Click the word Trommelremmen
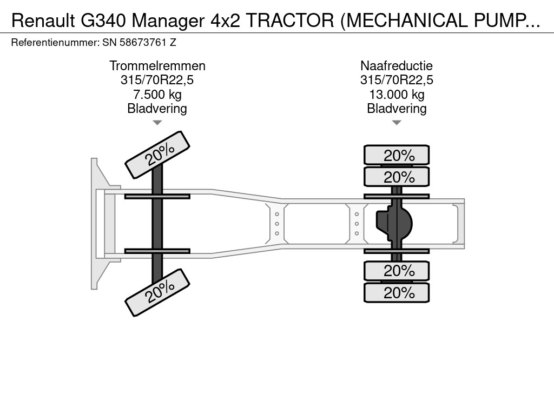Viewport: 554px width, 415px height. (157, 66)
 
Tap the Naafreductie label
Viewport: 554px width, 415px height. (397, 66)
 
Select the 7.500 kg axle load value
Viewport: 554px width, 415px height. (157, 95)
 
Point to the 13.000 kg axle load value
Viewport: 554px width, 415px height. (397, 95)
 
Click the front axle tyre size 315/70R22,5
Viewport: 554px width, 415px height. (157, 81)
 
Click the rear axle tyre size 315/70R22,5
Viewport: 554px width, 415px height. (397, 81)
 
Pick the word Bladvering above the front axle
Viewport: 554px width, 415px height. (157, 109)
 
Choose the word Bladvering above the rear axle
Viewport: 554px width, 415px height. (397, 109)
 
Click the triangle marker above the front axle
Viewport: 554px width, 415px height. (157, 123)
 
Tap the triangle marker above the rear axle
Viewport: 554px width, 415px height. (397, 123)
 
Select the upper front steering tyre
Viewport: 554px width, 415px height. (158, 155)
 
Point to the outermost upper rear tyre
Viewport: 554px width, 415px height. (397, 155)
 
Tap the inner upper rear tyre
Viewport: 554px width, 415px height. (397, 177)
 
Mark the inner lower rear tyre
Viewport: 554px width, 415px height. (397, 270)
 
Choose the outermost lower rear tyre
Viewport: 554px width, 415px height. (397, 292)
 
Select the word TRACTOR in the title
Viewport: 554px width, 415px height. (293, 20)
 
